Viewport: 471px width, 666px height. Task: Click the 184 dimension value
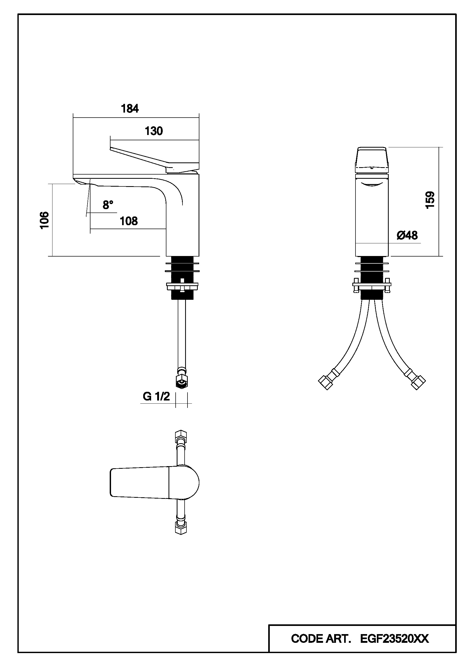pyautogui.click(x=130, y=109)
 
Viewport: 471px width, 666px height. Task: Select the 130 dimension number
pyautogui.click(x=154, y=131)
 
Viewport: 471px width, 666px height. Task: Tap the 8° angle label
pyautogui.click(x=108, y=205)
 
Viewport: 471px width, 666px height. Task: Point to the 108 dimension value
pyautogui.click(x=128, y=221)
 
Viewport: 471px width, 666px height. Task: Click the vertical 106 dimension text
pyautogui.click(x=44, y=220)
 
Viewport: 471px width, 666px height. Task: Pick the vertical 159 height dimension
pyautogui.click(x=430, y=200)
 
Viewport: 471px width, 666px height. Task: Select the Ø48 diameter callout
pyautogui.click(x=407, y=235)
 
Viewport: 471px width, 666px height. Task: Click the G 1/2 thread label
pyautogui.click(x=156, y=396)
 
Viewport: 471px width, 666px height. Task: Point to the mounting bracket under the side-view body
pyautogui.click(x=182, y=286)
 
